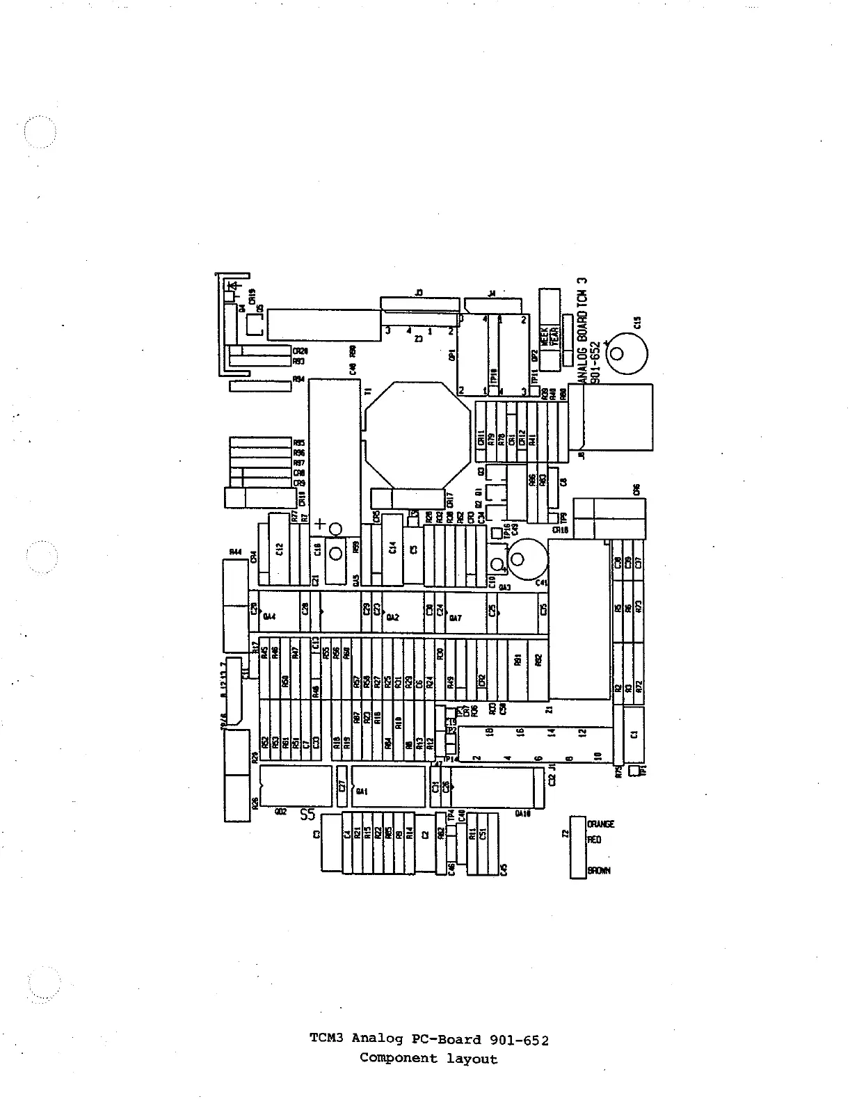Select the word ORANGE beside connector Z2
point(601,824)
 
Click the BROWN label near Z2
point(600,870)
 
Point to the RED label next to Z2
point(595,840)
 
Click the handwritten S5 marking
point(307,814)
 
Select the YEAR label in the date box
point(555,337)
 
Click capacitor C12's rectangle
point(279,549)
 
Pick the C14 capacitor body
point(392,548)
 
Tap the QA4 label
point(270,616)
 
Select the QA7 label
point(455,618)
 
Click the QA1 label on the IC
point(362,791)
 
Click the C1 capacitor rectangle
point(634,735)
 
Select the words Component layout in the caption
point(428,1059)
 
